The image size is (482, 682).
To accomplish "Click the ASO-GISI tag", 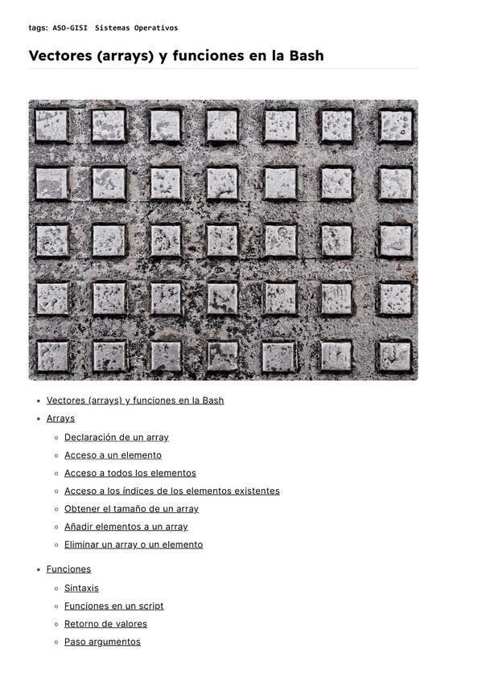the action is pyautogui.click(x=70, y=28).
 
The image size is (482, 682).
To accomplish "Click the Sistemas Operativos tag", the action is pyautogui.click(x=136, y=28).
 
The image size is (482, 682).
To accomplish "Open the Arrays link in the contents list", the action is pyautogui.click(x=60, y=418).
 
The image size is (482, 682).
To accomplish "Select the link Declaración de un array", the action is pyautogui.click(x=117, y=438).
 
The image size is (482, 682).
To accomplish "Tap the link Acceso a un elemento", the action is pyautogui.click(x=113, y=455).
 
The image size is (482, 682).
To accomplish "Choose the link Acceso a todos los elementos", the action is pyautogui.click(x=130, y=473).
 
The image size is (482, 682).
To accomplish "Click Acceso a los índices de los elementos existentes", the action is pyautogui.click(x=172, y=491).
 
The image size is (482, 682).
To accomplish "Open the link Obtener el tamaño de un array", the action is pyautogui.click(x=131, y=509).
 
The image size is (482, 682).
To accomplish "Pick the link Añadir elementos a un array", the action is pyautogui.click(x=126, y=527).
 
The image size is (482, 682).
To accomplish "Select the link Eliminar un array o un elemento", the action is pyautogui.click(x=134, y=544).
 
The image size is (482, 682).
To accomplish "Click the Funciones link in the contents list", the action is pyautogui.click(x=68, y=569).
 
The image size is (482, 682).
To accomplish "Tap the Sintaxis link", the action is pyautogui.click(x=81, y=589).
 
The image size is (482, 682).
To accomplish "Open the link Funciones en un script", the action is pyautogui.click(x=113, y=606).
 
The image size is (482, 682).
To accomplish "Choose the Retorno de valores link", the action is pyautogui.click(x=105, y=624).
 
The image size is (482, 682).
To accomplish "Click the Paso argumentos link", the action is pyautogui.click(x=102, y=642).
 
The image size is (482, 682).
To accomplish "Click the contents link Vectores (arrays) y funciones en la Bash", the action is pyautogui.click(x=135, y=401).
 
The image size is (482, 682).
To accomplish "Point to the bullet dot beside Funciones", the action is pyautogui.click(x=39, y=570).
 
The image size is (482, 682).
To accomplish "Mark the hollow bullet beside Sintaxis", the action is pyautogui.click(x=56, y=589).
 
